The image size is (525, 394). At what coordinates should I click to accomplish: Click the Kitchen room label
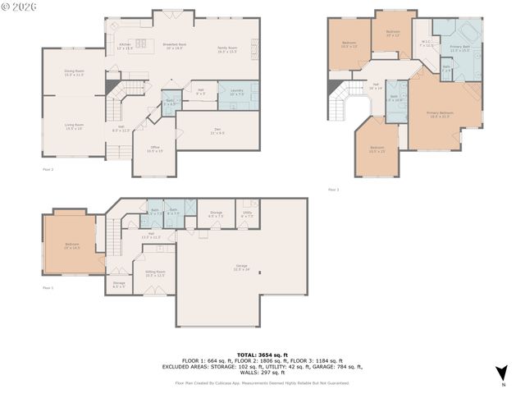pyautogui.click(x=125, y=46)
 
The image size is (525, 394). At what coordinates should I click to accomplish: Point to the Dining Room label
pyautogui.click(x=75, y=73)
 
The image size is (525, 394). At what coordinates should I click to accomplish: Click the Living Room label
pyautogui.click(x=75, y=126)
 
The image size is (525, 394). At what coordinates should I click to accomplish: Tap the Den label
pyautogui.click(x=217, y=131)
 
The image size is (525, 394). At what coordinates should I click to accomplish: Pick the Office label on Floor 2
pyautogui.click(x=154, y=149)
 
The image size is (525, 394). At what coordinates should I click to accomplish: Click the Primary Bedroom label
pyautogui.click(x=440, y=113)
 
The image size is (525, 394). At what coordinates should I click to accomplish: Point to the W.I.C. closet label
pyautogui.click(x=427, y=43)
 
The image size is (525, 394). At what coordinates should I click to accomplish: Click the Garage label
pyautogui.click(x=241, y=267)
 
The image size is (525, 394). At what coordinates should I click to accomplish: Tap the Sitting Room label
pyautogui.click(x=155, y=273)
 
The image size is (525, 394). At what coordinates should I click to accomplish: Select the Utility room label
pyautogui.click(x=247, y=214)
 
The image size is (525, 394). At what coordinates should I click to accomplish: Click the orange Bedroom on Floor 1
pyautogui.click(x=71, y=245)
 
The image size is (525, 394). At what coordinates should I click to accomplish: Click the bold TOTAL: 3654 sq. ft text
pyautogui.click(x=262, y=352)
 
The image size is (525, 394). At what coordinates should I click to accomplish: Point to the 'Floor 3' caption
pyautogui.click(x=333, y=190)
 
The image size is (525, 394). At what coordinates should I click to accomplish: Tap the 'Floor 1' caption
pyautogui.click(x=47, y=287)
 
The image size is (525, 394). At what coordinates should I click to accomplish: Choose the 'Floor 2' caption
pyautogui.click(x=47, y=169)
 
